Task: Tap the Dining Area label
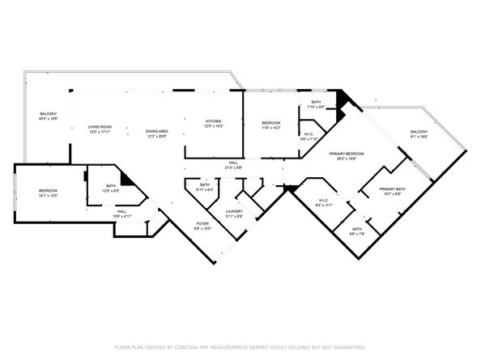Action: point(157,132)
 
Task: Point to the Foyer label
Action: point(203,226)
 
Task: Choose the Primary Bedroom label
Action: point(346,155)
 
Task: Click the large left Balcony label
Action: point(49,114)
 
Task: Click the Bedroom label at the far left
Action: point(48,192)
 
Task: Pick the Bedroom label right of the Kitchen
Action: point(270,125)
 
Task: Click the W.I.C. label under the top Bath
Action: point(309,134)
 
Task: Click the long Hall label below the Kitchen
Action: point(232,164)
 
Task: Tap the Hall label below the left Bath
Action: point(99,213)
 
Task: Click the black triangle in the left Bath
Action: point(126,180)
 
